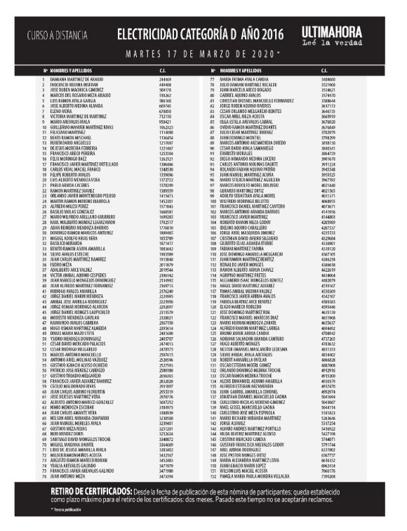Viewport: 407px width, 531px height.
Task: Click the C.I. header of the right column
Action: (x=323, y=71)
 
